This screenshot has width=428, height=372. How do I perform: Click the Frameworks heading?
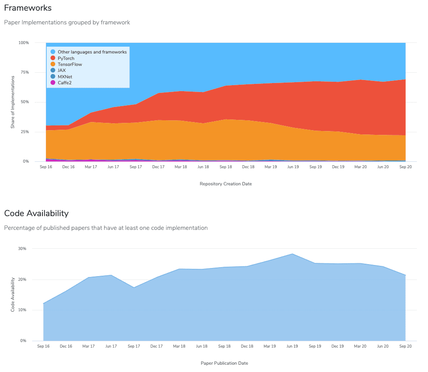point(28,8)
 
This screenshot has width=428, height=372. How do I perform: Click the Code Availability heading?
point(36,213)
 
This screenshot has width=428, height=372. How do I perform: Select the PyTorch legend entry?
point(66,58)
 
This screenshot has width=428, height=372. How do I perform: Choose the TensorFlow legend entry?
point(69,64)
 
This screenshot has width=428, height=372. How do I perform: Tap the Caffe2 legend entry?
point(65,83)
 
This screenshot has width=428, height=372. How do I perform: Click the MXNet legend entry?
point(65,77)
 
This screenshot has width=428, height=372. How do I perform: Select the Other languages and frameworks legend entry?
point(92,52)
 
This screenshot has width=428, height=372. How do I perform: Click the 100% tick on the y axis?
point(24,43)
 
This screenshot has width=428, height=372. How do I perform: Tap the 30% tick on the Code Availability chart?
point(22,249)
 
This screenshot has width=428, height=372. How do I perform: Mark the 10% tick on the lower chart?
point(22,310)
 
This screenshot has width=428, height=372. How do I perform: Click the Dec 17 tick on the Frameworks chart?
point(158,167)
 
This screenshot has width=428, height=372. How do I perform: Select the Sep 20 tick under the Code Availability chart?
point(405,346)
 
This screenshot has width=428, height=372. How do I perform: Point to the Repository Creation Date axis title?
point(225,184)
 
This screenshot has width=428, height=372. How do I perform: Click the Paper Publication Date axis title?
point(224,363)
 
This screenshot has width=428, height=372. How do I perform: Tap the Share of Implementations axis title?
point(13,102)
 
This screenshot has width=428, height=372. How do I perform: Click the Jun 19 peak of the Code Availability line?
point(292,254)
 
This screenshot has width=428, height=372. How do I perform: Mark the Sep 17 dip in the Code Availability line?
point(134,287)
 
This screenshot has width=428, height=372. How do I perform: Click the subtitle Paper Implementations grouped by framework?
point(67,22)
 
